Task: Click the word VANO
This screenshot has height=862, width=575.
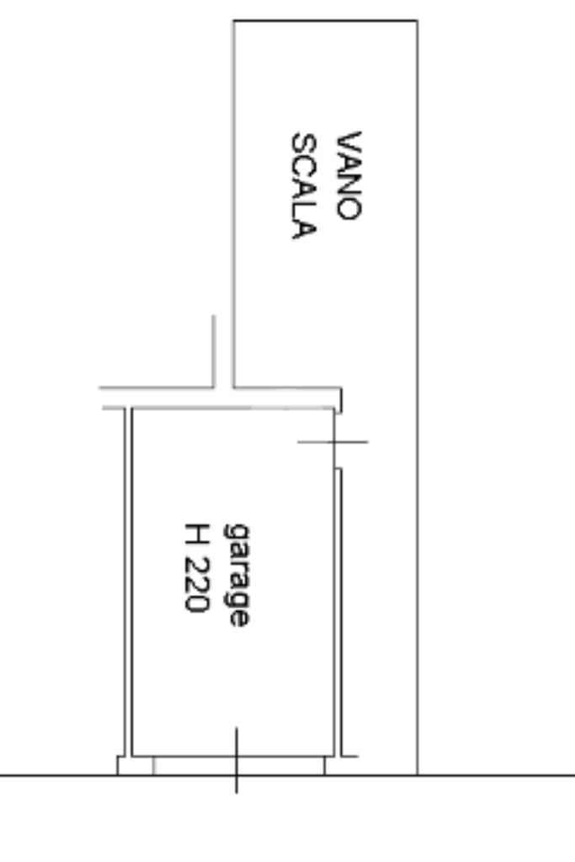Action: [x=349, y=175]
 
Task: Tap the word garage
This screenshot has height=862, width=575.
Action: [x=237, y=575]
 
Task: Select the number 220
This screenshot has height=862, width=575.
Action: [x=194, y=586]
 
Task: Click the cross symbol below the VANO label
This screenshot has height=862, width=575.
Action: [x=334, y=441]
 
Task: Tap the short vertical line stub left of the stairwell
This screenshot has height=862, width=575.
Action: [x=213, y=351]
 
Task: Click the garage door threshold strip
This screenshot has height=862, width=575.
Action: [x=238, y=765]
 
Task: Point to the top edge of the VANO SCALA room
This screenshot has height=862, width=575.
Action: [x=325, y=20]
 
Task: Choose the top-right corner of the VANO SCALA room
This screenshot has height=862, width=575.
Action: [x=417, y=20]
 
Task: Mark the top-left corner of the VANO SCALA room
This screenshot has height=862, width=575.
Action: [x=233, y=20]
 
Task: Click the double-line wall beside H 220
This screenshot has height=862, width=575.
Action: [x=129, y=581]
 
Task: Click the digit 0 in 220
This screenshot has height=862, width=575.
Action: [x=194, y=604]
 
